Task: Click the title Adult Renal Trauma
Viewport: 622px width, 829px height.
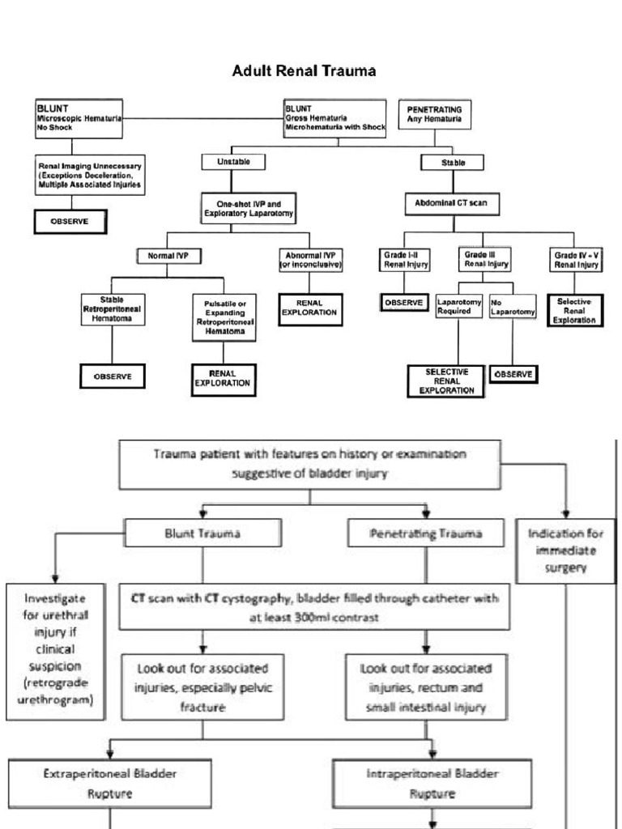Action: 305,71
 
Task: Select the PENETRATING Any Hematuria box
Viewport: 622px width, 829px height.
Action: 437,115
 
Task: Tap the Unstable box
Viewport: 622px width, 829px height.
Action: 232,162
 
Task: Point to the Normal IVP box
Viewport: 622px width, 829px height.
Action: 168,257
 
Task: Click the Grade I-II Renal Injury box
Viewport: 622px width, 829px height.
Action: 407,260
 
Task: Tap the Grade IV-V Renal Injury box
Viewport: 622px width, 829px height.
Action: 577,260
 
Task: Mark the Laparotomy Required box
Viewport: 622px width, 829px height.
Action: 458,307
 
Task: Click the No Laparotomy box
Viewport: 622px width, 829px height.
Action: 512,307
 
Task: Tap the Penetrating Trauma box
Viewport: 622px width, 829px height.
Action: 426,534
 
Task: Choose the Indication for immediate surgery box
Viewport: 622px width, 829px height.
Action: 564,551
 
